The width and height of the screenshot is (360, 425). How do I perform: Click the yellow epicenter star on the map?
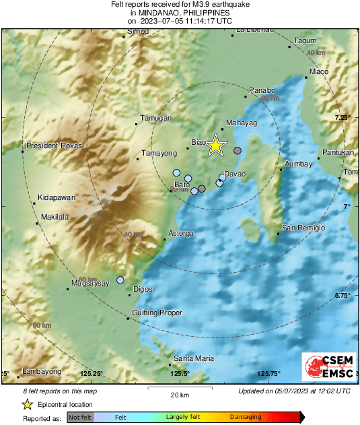(x=215, y=145)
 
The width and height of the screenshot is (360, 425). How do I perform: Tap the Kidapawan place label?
(x=56, y=197)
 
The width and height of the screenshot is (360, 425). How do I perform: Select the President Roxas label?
(x=53, y=145)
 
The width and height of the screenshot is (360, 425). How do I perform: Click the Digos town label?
(x=143, y=289)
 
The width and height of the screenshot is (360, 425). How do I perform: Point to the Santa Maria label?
(x=194, y=358)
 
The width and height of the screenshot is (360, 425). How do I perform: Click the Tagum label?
(x=305, y=41)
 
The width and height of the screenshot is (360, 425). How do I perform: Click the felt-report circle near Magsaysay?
(x=120, y=280)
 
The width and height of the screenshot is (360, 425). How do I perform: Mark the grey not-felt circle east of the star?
(x=237, y=150)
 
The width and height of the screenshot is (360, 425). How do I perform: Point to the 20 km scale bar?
(x=179, y=389)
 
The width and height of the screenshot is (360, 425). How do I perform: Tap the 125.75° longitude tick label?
(x=268, y=374)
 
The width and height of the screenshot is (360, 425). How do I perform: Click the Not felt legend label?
(x=81, y=418)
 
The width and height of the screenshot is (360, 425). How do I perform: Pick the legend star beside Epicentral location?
(x=27, y=404)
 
